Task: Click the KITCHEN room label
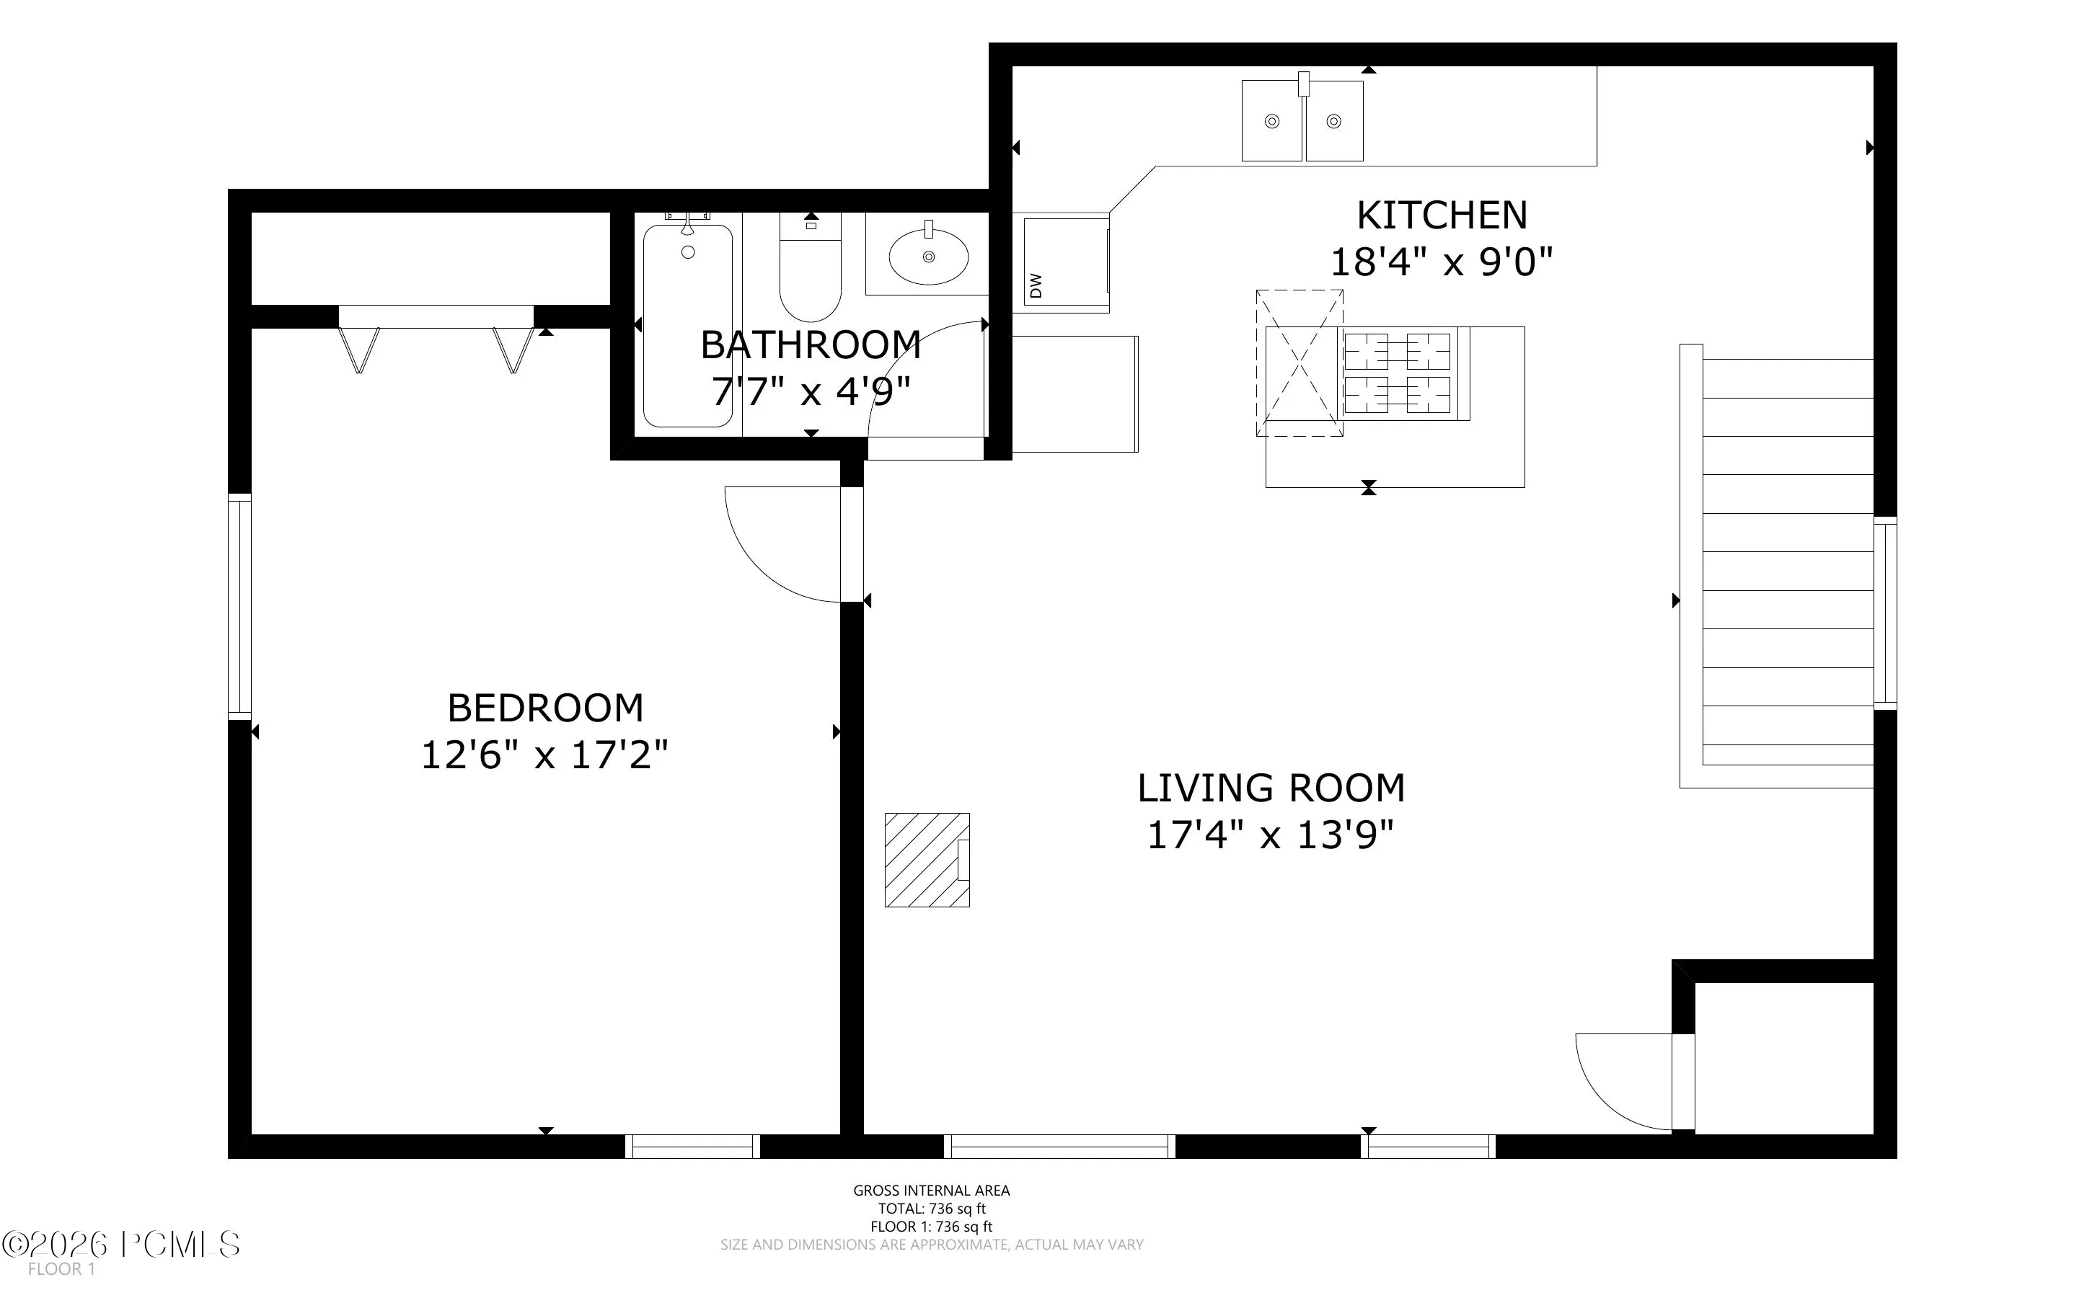pyautogui.click(x=1442, y=215)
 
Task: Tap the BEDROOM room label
pyautogui.click(x=544, y=708)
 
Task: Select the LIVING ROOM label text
pyautogui.click(x=1271, y=788)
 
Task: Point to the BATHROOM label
pyautogui.click(x=811, y=346)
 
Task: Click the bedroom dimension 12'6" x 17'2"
pyautogui.click(x=544, y=755)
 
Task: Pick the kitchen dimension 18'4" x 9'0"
pyautogui.click(x=1442, y=261)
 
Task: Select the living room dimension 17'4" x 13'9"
pyautogui.click(x=1271, y=835)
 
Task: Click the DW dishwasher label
pyautogui.click(x=1036, y=285)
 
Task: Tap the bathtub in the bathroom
pyautogui.click(x=688, y=325)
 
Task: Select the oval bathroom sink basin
pyautogui.click(x=928, y=256)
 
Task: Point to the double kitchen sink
pyautogui.click(x=1302, y=120)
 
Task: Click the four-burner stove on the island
pyautogui.click(x=1397, y=374)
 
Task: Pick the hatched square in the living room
pyautogui.click(x=927, y=859)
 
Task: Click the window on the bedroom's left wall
pyautogui.click(x=239, y=608)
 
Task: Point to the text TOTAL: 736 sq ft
pyautogui.click(x=932, y=1208)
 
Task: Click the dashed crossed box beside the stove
pyautogui.click(x=1299, y=363)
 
